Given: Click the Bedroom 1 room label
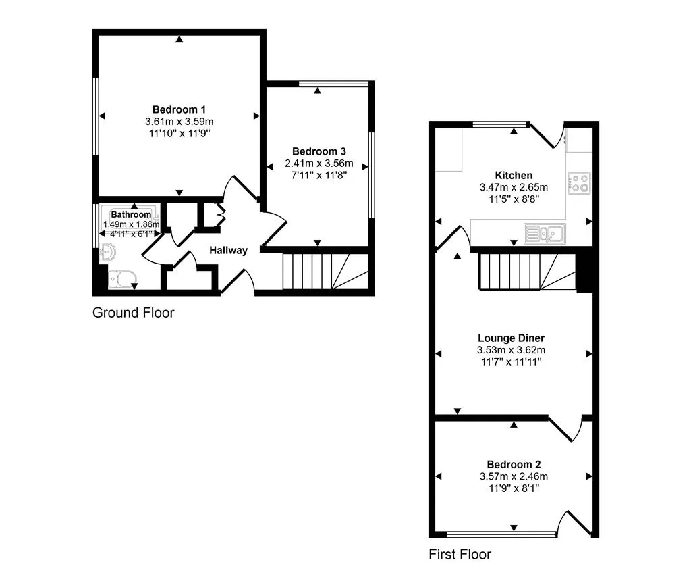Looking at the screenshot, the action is click(179, 109).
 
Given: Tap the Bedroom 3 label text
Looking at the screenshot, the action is click(319, 151).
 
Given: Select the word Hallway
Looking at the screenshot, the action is click(228, 251).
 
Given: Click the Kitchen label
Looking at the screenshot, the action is click(514, 175).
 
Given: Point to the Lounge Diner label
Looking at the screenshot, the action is click(512, 338).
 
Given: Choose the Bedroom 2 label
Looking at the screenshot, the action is click(514, 465).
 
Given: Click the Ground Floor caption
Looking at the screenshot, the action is click(133, 313).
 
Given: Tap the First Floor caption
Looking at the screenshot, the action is click(460, 554).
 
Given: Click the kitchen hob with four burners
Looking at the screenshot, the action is click(578, 183).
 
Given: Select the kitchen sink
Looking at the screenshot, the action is click(545, 233).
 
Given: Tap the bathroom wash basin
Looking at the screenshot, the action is click(107, 252).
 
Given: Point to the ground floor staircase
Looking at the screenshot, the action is click(325, 271).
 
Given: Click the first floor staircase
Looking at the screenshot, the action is click(527, 272).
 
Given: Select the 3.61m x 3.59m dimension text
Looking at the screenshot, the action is click(179, 122).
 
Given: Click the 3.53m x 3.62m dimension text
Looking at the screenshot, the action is click(512, 350).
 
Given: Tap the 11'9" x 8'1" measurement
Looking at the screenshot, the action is click(514, 488).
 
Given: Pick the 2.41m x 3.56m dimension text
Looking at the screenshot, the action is click(319, 164).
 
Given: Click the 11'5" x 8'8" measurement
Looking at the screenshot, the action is click(514, 199).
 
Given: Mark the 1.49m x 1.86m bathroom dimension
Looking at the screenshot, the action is click(131, 224).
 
